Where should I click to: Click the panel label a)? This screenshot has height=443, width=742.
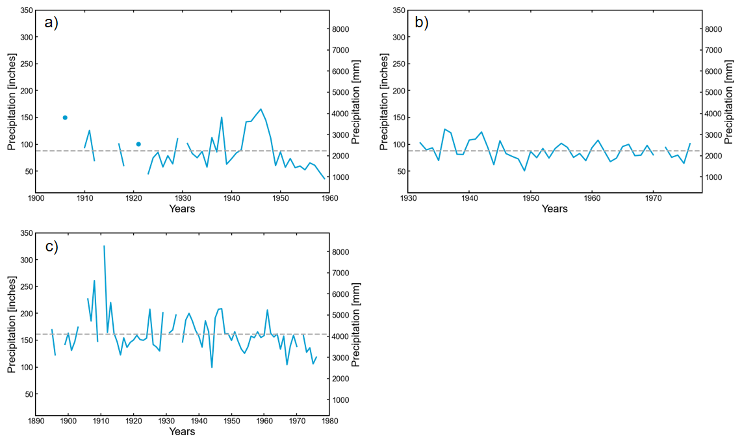point(51,23)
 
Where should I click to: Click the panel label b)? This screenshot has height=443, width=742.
point(422,23)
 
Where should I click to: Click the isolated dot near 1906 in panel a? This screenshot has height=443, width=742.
point(65,118)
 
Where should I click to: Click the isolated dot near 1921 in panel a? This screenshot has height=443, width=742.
point(138,144)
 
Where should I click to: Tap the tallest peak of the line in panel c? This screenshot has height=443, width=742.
point(104,246)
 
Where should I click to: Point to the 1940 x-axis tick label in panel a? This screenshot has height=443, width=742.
point(231,199)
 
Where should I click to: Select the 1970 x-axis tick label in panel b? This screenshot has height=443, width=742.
point(653,199)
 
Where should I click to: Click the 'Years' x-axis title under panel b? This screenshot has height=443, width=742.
point(554,209)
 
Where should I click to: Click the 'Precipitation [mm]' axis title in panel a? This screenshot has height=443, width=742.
point(355,102)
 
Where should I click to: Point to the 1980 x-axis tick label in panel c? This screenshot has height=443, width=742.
point(329,422)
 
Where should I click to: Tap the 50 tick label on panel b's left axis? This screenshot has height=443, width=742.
point(396,171)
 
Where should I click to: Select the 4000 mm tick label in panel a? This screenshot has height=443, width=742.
point(344,114)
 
